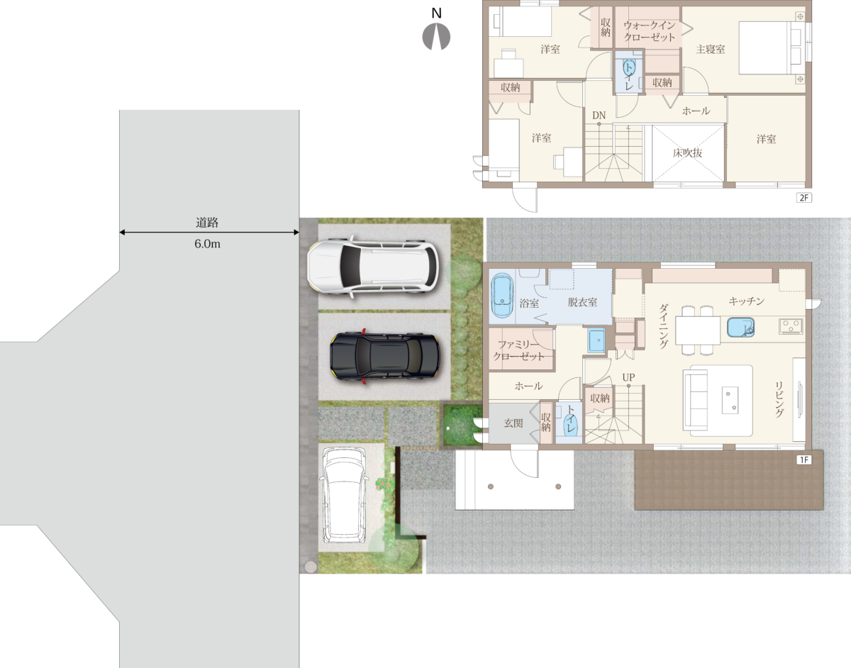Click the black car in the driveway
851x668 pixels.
[384, 356]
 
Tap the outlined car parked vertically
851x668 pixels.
[344, 495]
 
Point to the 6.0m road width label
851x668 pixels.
[207, 244]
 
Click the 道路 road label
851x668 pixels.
[207, 223]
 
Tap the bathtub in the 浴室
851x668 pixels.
[501, 295]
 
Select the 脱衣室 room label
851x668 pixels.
[582, 302]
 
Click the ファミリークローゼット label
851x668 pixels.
[518, 350]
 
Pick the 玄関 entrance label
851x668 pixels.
[513, 423]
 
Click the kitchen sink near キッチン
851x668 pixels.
[740, 328]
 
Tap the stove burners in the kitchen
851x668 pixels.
[791, 326]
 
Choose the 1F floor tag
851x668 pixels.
[804, 460]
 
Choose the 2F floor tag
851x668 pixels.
[804, 198]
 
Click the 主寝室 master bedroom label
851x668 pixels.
[711, 50]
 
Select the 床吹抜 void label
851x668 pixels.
[687, 152]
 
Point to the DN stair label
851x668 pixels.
[599, 116]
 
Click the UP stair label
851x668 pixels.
[628, 377]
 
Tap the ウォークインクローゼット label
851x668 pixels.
[650, 31]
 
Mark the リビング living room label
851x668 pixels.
[779, 399]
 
